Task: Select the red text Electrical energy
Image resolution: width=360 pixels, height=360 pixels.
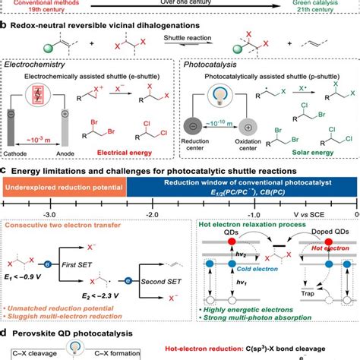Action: click(141, 150)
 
